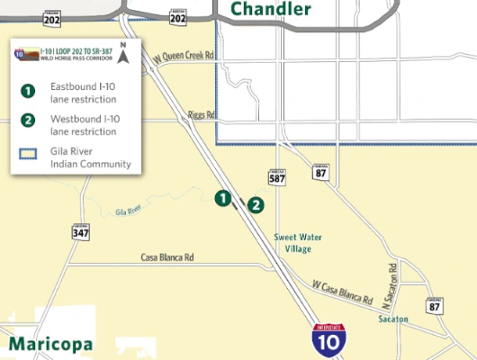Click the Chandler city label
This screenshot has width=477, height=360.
pos(271,10)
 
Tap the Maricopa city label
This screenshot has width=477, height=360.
pos(50,344)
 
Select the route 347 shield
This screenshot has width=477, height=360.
pos(81,233)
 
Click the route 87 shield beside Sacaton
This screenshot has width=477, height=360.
pos(436,306)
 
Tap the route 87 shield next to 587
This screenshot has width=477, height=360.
pos(320,172)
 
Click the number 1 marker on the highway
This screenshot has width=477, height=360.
pos(220,198)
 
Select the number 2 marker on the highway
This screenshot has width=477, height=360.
pos(256,205)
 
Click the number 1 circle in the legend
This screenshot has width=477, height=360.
pos(28,90)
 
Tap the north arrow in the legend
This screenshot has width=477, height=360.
pos(124,55)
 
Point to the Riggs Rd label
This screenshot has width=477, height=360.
pos(202,115)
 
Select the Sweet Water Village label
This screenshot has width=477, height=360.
pos(298,243)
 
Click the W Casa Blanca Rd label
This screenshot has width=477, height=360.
pos(343,292)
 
